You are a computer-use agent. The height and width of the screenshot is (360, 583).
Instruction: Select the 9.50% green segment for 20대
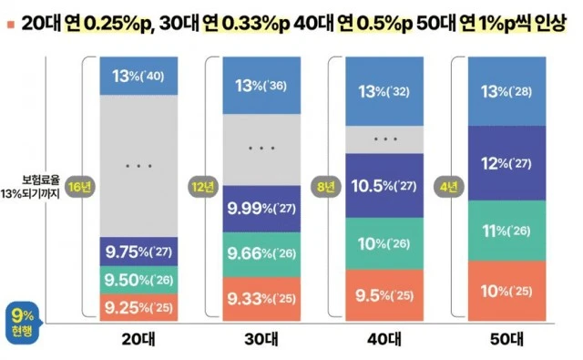(x=138, y=280)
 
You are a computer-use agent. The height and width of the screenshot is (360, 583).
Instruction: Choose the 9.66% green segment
(x=261, y=255)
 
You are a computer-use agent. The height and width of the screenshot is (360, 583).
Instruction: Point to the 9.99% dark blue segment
(x=261, y=209)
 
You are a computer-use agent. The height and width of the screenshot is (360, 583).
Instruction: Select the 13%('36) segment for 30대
(x=261, y=86)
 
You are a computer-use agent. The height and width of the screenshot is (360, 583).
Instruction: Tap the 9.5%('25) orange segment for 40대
(x=385, y=294)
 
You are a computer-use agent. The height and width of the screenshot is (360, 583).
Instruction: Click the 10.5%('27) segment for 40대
(x=385, y=186)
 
